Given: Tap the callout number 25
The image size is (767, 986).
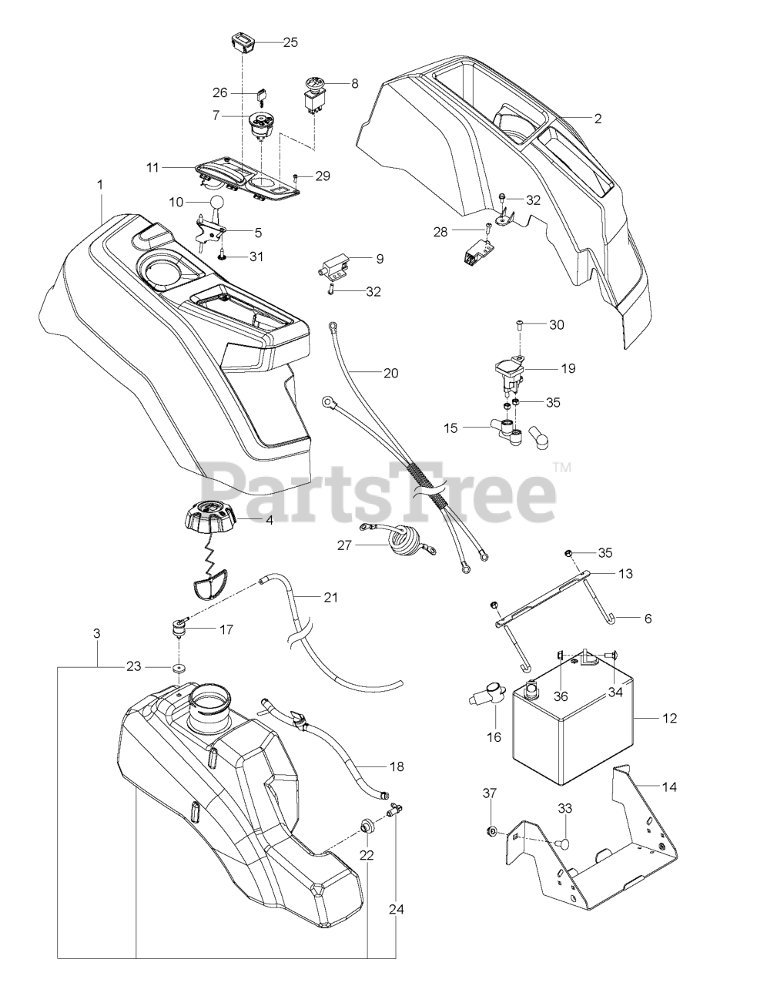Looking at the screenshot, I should click(290, 42).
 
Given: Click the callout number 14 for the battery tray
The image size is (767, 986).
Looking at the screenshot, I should click(670, 786).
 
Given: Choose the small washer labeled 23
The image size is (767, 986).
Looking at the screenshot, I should click(180, 667).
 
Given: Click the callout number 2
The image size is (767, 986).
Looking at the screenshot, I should click(598, 119).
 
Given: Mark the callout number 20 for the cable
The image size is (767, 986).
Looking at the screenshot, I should click(390, 373).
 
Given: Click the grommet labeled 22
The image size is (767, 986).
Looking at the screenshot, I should click(367, 829).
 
